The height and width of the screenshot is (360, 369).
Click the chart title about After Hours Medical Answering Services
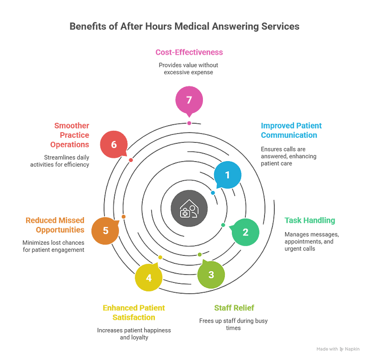coord(184,27)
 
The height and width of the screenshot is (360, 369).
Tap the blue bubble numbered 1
coord(228,175)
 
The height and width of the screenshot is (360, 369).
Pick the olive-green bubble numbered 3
coord(211,274)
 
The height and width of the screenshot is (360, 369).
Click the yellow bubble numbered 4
coord(149,278)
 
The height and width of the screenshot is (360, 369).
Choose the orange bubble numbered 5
coord(105,231)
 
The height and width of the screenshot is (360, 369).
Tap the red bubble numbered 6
coord(114,145)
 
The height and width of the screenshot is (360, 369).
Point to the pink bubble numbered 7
coord(189,100)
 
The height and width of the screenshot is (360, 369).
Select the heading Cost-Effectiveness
coord(189,52)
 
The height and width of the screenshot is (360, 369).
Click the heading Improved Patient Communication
coord(291,130)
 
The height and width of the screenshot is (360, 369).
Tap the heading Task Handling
coord(310,220)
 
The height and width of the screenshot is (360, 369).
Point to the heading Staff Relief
coord(234,308)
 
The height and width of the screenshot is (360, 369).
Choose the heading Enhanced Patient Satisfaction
coord(134,312)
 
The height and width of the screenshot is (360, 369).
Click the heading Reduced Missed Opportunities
coord(55,225)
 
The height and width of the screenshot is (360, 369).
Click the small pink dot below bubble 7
coord(189,123)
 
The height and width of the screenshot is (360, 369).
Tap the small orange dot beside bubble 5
coord(124,217)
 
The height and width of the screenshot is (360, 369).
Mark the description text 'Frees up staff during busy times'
coord(234,324)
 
